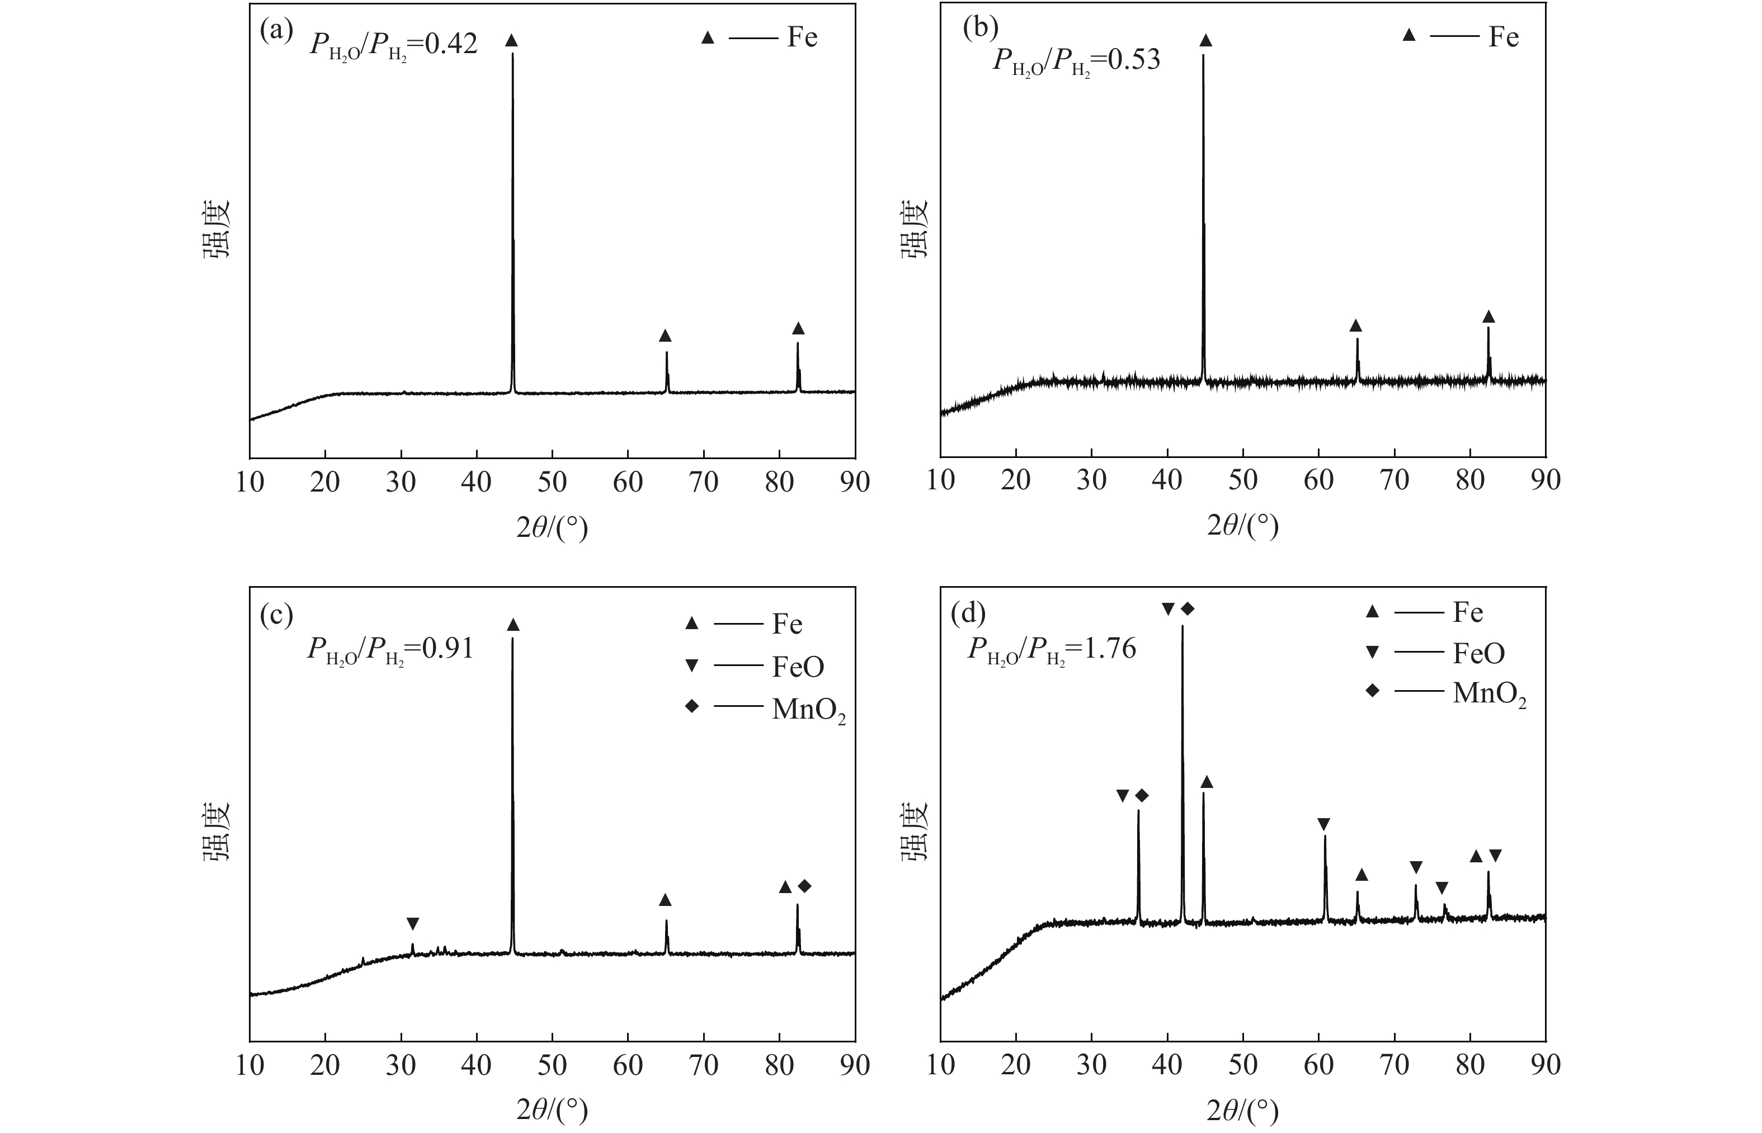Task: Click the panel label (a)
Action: click(277, 32)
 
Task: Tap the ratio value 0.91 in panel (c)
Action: click(448, 648)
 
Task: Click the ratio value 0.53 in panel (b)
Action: click(1134, 60)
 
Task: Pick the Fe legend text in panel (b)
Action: click(1503, 37)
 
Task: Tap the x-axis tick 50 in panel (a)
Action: click(552, 482)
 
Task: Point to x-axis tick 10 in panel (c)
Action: click(250, 1065)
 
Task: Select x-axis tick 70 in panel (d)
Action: click(1394, 1065)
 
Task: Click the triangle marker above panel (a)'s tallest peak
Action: click(511, 40)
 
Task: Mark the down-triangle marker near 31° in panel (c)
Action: click(413, 923)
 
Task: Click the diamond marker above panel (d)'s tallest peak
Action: click(1188, 608)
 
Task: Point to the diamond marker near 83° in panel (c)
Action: click(804, 886)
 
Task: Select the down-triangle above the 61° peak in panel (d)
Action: click(1323, 823)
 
